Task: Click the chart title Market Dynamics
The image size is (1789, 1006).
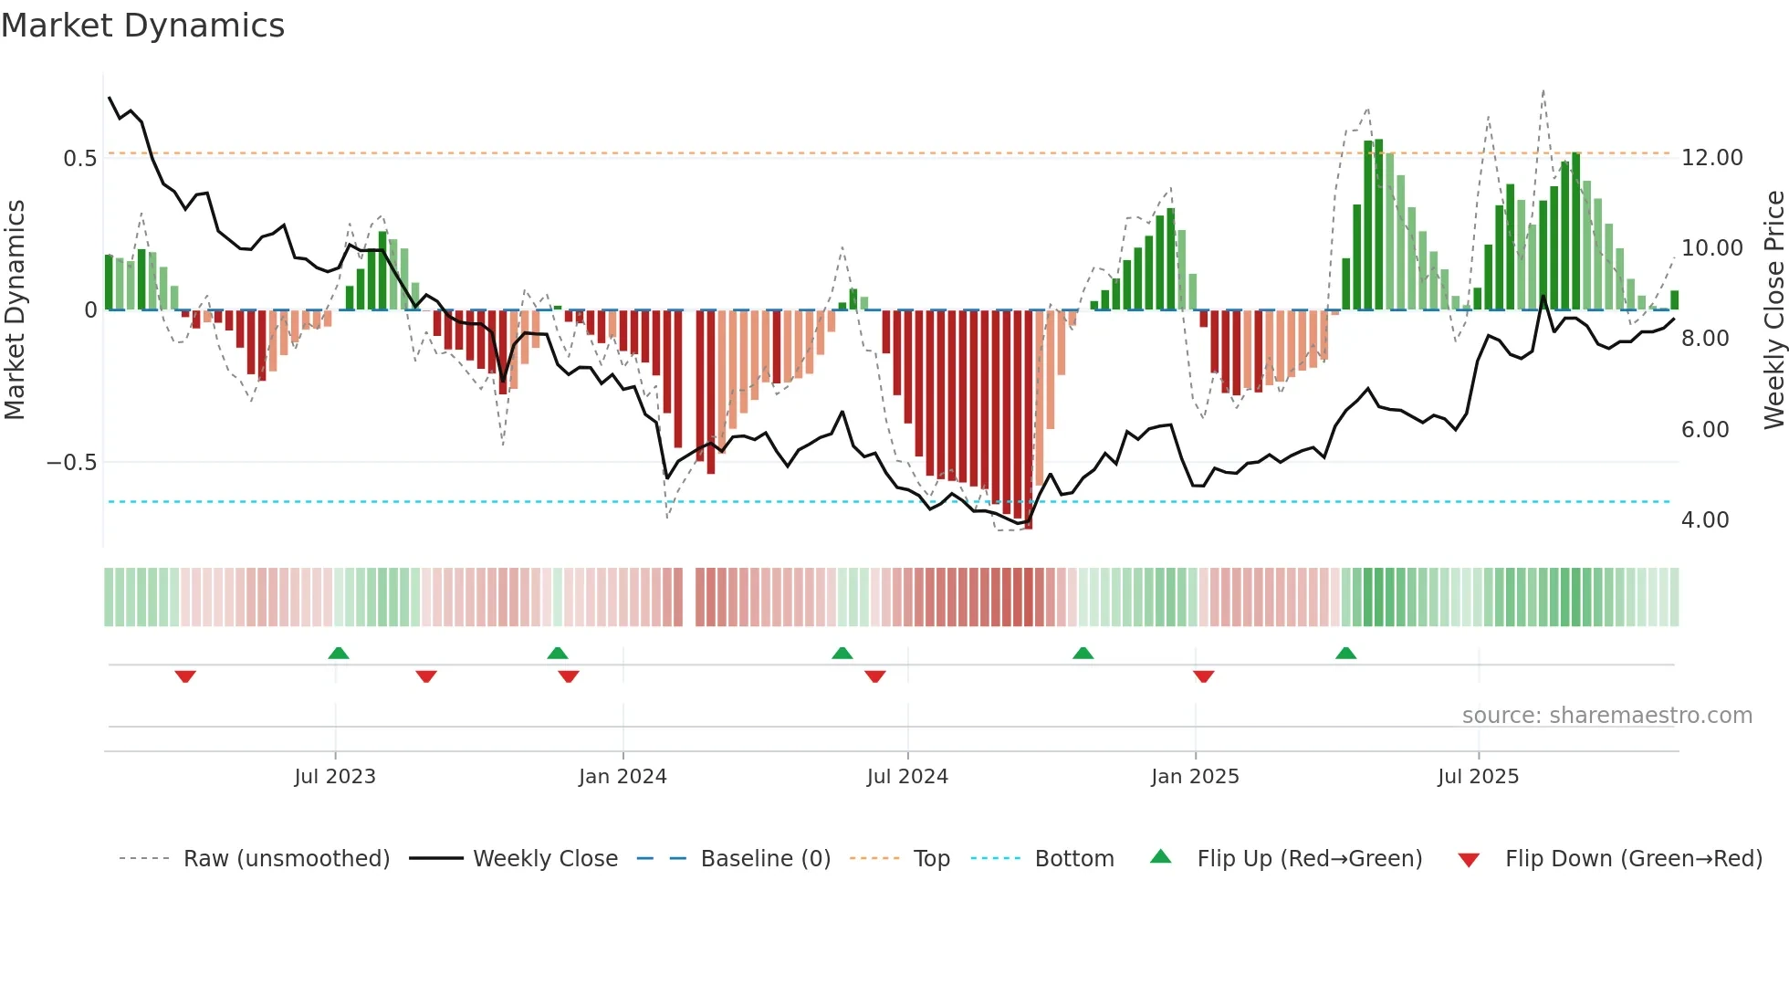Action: point(142,26)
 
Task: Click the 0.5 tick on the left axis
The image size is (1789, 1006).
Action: point(79,159)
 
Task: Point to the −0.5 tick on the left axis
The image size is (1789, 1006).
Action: point(71,463)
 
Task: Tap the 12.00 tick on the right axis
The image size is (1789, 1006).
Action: point(1711,158)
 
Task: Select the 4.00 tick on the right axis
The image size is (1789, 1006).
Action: point(1705,520)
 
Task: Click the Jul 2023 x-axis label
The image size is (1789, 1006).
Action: point(334,777)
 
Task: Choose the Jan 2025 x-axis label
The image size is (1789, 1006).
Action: point(1195,777)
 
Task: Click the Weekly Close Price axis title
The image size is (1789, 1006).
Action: point(1773,310)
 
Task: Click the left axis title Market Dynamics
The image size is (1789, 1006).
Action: point(15,310)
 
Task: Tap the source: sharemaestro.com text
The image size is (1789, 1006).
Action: point(1606,716)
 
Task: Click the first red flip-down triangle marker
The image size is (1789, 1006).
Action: point(185,676)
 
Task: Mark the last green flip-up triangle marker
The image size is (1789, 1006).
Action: point(1345,653)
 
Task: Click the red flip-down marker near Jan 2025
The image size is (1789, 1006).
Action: point(1203,676)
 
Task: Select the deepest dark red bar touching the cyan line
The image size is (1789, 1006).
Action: point(1028,420)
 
